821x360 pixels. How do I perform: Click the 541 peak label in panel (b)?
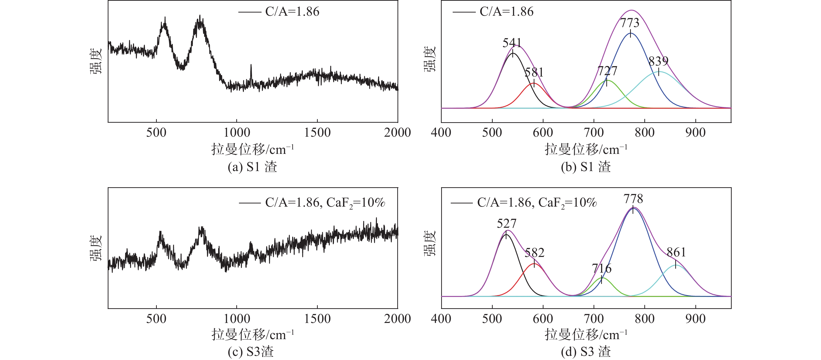(x=512, y=43)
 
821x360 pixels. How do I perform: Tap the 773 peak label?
(x=630, y=23)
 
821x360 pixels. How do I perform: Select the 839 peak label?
(x=659, y=61)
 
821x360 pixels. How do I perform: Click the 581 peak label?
(x=534, y=72)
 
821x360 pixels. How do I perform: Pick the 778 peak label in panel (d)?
(x=633, y=199)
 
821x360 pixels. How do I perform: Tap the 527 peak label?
(x=506, y=224)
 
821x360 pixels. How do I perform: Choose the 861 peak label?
(x=676, y=253)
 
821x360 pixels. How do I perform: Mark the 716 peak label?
(x=602, y=268)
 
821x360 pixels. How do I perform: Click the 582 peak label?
(x=534, y=253)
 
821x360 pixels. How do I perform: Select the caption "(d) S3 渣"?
(x=586, y=352)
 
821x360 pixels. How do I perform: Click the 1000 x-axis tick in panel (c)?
(x=237, y=319)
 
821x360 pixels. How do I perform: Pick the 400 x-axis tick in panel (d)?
(x=441, y=319)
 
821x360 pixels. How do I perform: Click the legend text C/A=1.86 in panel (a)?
(x=292, y=12)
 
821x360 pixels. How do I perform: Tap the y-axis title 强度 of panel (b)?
(x=430, y=59)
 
